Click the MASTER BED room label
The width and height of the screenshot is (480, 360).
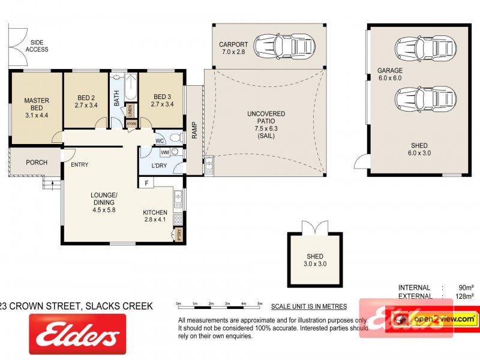(x=36, y=107)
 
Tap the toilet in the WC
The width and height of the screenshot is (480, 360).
(x=175, y=137)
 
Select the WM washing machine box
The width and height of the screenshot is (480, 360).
(x=164, y=152)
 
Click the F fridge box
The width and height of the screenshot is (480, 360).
(x=145, y=183)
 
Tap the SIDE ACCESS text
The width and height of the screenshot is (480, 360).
(x=37, y=46)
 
